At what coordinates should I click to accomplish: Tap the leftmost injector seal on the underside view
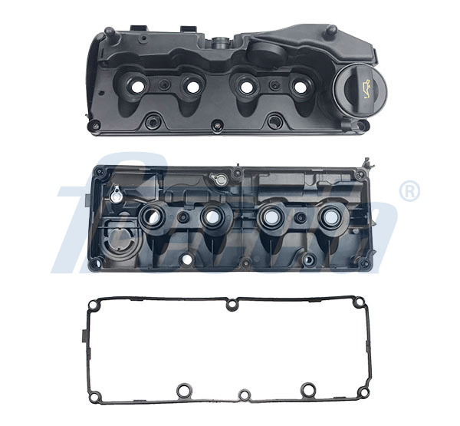tap(154, 217)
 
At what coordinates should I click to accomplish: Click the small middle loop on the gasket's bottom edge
tap(244, 395)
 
